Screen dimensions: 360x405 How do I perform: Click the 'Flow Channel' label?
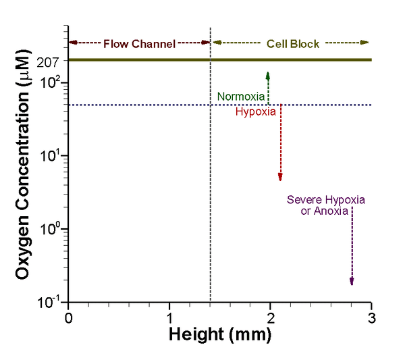(139, 44)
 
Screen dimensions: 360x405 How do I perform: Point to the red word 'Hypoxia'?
(255, 112)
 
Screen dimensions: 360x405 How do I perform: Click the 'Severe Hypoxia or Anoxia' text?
(326, 205)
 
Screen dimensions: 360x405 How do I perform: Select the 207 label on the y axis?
(51, 63)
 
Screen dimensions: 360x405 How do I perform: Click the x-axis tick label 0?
(67, 317)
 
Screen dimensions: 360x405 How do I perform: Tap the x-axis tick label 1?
(169, 317)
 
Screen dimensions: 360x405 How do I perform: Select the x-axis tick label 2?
(271, 317)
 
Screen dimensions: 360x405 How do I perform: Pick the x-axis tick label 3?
(371, 317)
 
